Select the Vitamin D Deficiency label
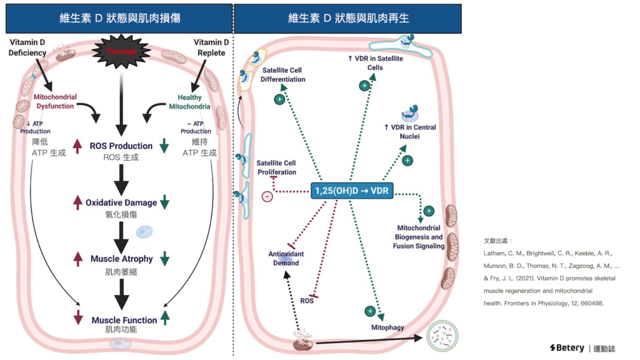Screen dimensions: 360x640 27,47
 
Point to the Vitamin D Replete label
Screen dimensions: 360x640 209,47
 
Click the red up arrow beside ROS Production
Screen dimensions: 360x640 77,146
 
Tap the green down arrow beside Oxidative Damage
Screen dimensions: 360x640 165,202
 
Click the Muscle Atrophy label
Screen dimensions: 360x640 121,259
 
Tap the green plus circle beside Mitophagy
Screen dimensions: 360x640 370,311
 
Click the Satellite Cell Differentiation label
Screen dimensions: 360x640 284,75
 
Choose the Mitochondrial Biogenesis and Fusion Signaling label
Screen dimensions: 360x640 419,237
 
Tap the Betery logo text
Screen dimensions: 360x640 567,347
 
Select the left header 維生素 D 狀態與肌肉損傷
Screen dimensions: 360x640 120,18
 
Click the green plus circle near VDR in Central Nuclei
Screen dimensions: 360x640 407,161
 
